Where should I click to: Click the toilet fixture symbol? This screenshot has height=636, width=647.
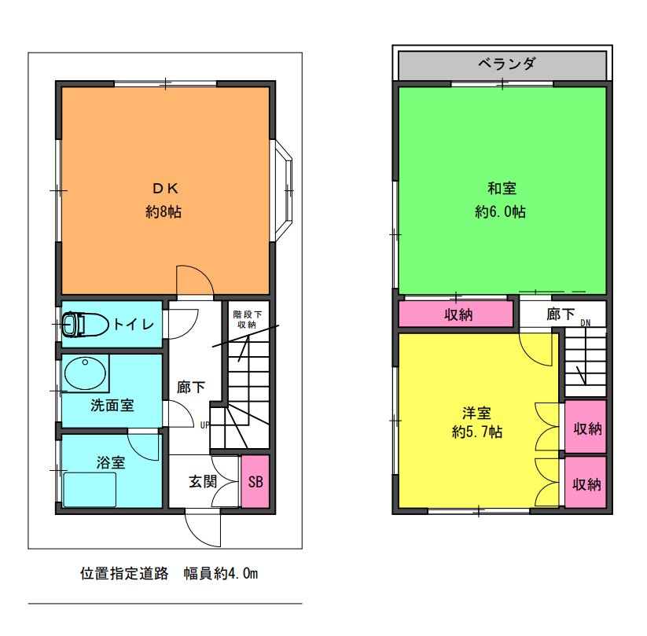(x=85, y=324)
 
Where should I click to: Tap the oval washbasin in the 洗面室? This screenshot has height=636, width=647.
(x=85, y=373)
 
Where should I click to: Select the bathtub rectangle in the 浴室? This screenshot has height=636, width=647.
(x=90, y=490)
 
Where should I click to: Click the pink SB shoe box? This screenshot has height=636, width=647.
(x=255, y=482)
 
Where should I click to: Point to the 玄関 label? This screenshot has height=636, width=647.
(x=203, y=482)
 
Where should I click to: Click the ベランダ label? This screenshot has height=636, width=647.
(x=507, y=64)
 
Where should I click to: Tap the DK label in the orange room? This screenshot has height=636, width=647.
(x=165, y=189)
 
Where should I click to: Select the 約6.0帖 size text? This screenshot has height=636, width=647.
(x=500, y=211)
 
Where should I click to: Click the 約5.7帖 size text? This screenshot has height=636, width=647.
(x=477, y=432)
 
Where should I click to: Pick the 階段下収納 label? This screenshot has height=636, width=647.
(x=247, y=319)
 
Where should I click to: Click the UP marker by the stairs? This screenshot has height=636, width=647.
(x=204, y=425)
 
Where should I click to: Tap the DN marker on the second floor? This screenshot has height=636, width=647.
(x=586, y=323)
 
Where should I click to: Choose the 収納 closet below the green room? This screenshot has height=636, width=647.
(x=457, y=314)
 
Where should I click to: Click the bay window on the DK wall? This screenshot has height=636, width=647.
(x=284, y=190)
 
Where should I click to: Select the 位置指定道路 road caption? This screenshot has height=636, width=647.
(x=124, y=573)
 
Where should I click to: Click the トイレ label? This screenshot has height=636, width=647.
(x=134, y=324)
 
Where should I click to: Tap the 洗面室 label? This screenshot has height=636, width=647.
(x=112, y=406)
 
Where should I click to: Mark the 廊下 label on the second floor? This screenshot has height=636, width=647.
(x=561, y=314)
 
